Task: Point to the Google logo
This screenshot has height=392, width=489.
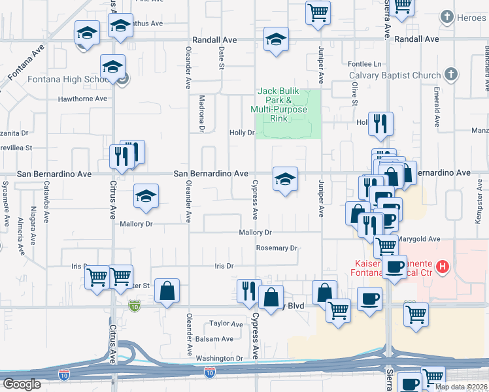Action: click(x=22, y=384)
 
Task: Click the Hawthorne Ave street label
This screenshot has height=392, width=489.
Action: click(x=82, y=99)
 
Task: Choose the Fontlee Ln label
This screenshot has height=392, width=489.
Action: click(x=365, y=64)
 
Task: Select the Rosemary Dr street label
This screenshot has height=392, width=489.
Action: click(x=277, y=248)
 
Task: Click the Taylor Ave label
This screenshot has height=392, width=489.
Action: click(x=226, y=323)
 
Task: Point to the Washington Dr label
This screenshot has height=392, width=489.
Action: click(x=219, y=358)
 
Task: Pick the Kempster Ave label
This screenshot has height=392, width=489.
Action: click(x=479, y=208)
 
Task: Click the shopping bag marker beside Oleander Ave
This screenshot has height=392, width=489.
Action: click(x=167, y=291)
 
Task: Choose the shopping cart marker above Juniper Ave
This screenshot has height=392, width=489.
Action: click(x=318, y=12)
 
